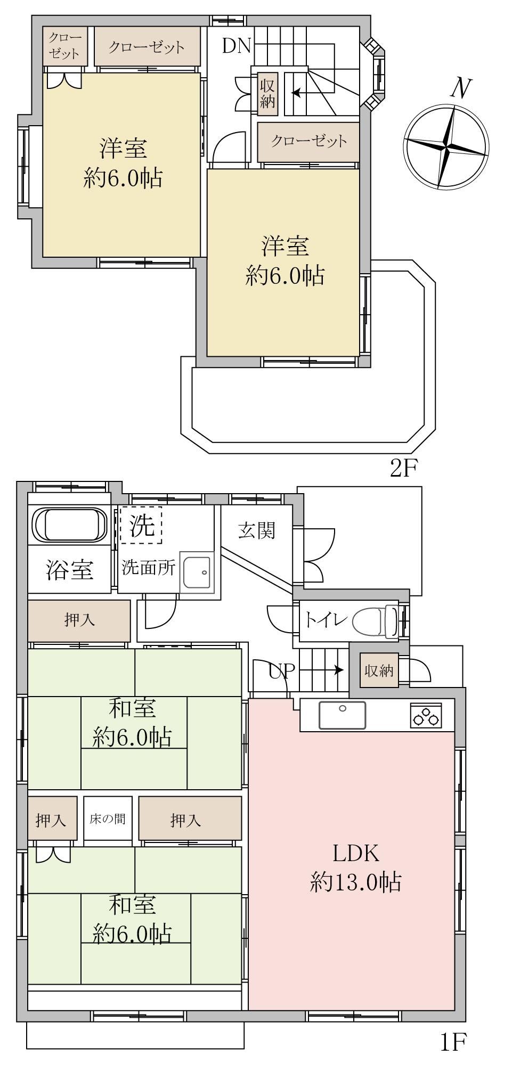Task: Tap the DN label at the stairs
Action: click(x=236, y=46)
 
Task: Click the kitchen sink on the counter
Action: click(x=342, y=715)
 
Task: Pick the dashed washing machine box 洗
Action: click(x=141, y=525)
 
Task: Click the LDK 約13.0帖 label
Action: click(x=355, y=868)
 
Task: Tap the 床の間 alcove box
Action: click(x=108, y=819)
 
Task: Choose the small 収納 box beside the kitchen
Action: click(x=379, y=670)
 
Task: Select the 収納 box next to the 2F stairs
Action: click(x=267, y=94)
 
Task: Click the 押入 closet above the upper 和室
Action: click(x=79, y=621)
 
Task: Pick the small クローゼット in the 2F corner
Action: click(x=64, y=46)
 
